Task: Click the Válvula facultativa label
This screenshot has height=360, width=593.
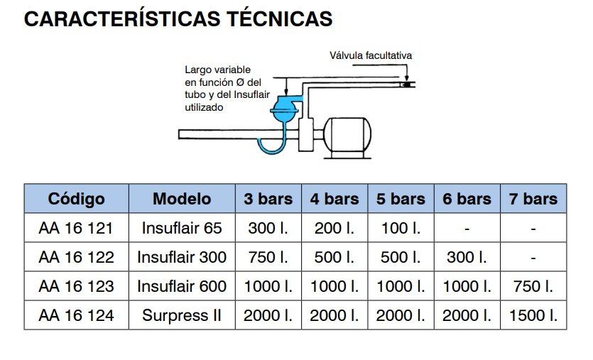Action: coord(371,55)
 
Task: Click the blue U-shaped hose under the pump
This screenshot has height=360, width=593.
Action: coord(272,142)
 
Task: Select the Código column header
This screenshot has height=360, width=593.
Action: coord(76,199)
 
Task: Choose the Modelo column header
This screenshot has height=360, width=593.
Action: coord(182,199)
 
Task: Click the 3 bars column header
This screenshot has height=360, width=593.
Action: coord(268,199)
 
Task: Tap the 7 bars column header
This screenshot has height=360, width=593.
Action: coord(533,199)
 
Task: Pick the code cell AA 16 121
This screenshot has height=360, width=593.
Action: coord(76,229)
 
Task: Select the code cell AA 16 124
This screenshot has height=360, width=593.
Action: coord(76,315)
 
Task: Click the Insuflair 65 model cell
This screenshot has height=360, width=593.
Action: coord(182,229)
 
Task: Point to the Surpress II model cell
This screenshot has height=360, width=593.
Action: coord(182,315)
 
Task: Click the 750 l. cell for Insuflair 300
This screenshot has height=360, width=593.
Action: coord(268,257)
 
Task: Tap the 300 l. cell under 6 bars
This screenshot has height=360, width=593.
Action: coord(467,257)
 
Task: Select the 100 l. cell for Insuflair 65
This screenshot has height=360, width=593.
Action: coord(401,229)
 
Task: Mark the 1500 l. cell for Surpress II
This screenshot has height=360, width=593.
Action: coord(533,315)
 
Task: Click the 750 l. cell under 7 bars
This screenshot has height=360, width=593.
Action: coord(533,286)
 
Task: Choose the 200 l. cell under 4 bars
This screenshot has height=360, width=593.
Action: coord(334,229)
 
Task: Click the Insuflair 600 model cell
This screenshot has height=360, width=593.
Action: coord(182,286)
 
